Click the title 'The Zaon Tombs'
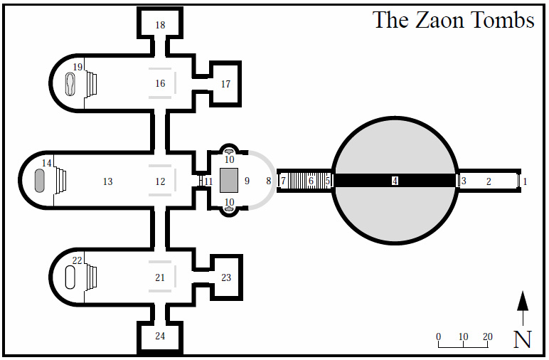point(454,20)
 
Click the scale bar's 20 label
point(487,337)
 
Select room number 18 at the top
point(160,26)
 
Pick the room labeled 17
point(225,84)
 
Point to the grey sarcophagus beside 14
point(40,181)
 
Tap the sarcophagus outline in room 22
point(70,276)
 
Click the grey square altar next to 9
point(228,181)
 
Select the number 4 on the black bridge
point(395,181)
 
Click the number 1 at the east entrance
point(525,181)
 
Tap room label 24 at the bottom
point(160,336)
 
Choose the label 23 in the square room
point(226,277)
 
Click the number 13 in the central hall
point(107,182)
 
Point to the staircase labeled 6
point(310,181)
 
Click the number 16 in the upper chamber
point(160,84)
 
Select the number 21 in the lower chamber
point(160,277)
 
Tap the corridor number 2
point(489,181)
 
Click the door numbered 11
point(208,181)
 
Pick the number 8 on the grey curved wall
point(269,181)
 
